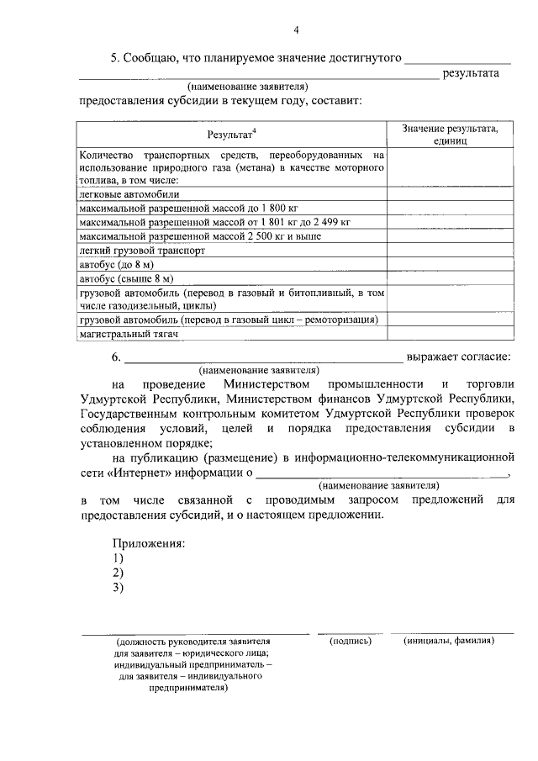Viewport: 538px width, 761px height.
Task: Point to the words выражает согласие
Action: click(460, 356)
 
